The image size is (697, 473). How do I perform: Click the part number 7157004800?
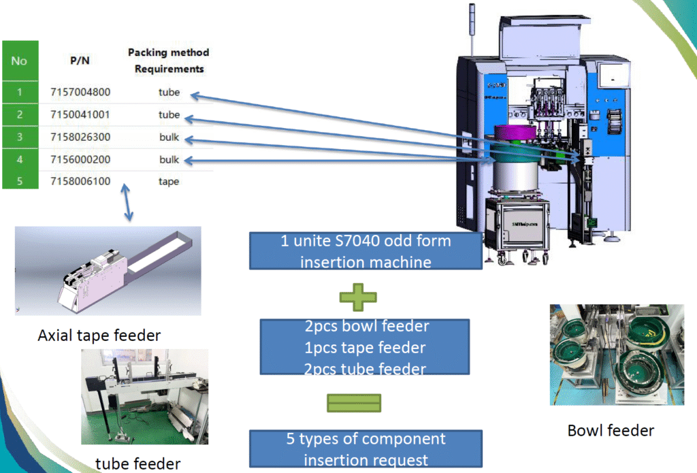80,92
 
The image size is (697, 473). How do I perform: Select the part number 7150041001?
80,114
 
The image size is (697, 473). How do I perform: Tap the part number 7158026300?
80,137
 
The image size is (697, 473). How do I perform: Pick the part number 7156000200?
80,159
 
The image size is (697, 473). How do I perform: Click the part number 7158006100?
80,181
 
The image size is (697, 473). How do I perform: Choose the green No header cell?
19,61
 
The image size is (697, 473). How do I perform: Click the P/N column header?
80,60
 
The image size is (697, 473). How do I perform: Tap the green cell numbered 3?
19,137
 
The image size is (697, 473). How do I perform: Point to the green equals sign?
354,403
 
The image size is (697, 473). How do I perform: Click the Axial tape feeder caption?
99,336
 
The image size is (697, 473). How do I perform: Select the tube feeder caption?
138,463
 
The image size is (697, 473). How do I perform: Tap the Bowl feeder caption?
611,430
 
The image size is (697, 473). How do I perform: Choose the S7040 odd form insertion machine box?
366,250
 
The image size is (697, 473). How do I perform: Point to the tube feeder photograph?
144,396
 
